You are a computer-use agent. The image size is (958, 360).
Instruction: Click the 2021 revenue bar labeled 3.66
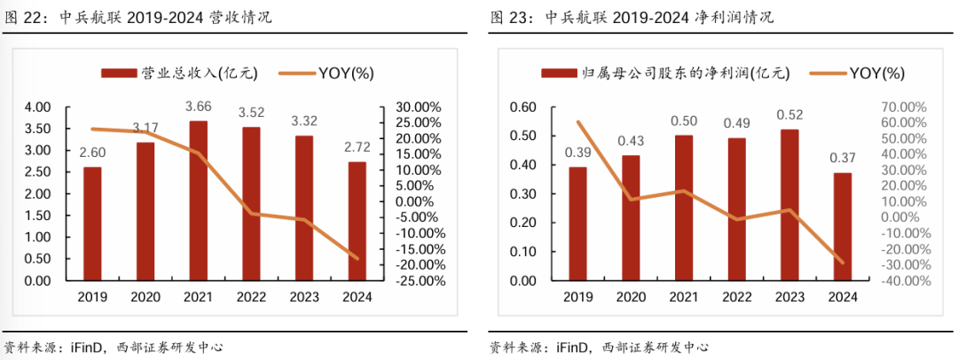199,200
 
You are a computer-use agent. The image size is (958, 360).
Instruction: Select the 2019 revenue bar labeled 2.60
92,223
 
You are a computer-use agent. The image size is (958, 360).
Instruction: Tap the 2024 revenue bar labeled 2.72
357,221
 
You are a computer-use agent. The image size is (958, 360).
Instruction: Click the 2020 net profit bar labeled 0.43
631,218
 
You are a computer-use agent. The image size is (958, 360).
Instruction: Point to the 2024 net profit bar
843,226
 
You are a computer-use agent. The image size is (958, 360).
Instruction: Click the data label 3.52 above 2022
251,113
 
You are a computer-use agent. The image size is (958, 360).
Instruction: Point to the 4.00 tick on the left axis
37,107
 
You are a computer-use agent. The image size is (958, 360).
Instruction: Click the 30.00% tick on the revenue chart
412,107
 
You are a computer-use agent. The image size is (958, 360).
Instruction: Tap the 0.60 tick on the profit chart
523,107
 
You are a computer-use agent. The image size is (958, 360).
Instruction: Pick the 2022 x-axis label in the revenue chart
251,297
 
